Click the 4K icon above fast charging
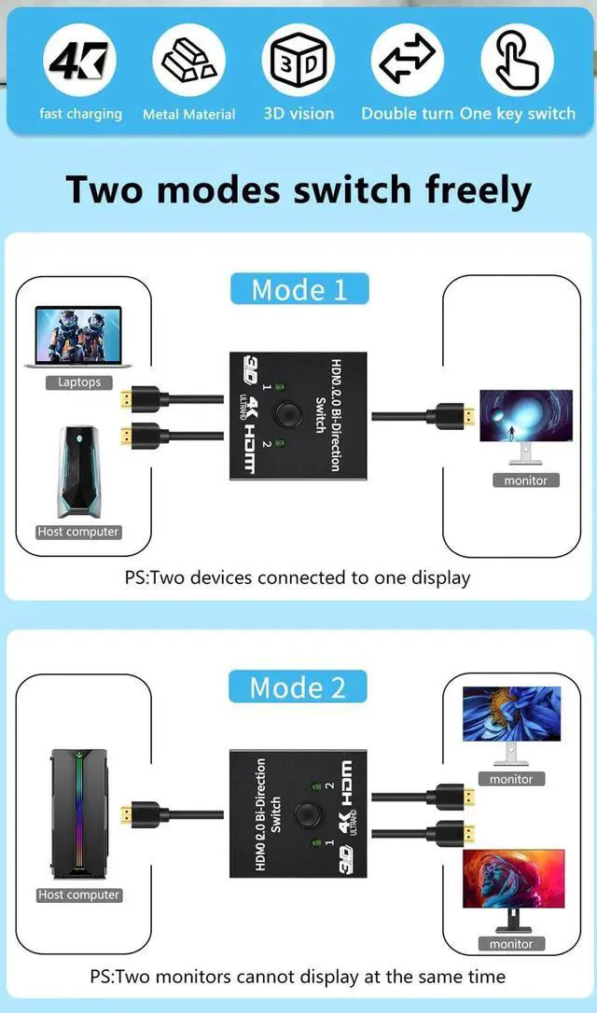point(80,62)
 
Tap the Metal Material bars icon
point(188,62)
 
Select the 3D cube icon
point(298,62)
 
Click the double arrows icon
point(408,62)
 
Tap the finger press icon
point(517,62)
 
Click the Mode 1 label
point(298,289)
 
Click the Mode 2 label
point(298,687)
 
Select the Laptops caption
point(79,382)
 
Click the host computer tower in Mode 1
point(77,473)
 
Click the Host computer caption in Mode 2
point(79,895)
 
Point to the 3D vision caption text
point(298,114)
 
